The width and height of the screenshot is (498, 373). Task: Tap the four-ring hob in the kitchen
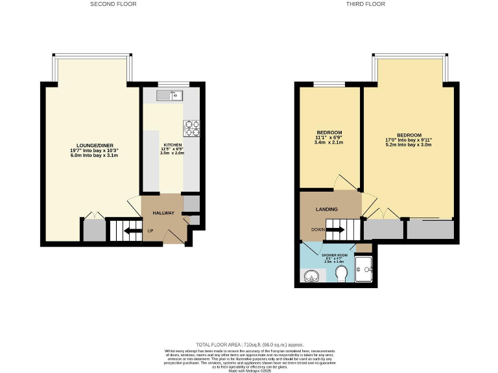tap(192, 128)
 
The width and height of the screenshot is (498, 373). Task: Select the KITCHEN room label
tap(172, 144)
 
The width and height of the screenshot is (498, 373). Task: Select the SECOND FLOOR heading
tap(114, 4)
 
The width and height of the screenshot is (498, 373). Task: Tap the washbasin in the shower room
tap(311, 277)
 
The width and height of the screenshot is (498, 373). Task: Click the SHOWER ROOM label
tap(337, 255)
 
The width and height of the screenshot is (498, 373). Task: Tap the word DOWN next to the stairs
tap(318, 229)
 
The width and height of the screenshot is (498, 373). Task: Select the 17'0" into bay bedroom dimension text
tap(409, 139)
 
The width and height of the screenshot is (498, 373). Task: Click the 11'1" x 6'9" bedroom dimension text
tap(329, 137)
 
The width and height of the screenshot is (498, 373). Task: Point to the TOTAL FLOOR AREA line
tap(249, 344)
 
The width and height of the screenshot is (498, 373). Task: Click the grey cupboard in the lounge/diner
tap(94, 231)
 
